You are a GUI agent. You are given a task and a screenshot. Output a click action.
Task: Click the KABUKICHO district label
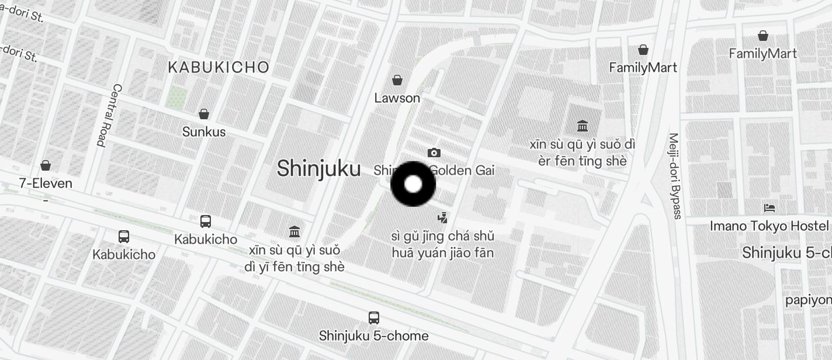(219, 67)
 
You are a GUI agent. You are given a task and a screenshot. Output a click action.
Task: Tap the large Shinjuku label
(318, 168)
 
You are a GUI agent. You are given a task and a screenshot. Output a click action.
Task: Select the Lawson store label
(397, 98)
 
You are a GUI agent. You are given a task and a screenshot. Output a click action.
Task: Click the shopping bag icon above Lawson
(397, 80)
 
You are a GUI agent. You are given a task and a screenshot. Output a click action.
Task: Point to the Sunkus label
(204, 132)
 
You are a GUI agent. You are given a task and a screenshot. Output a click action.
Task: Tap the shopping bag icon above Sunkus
(204, 114)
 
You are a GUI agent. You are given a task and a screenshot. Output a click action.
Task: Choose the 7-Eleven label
(46, 184)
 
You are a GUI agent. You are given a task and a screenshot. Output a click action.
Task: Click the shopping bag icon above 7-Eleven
(46, 166)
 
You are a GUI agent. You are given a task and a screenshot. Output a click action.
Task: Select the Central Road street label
(109, 115)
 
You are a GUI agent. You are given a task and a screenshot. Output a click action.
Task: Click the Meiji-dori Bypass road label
(675, 176)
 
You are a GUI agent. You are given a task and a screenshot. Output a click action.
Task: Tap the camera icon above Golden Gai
(434, 153)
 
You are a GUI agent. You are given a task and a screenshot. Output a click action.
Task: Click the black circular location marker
(413, 184)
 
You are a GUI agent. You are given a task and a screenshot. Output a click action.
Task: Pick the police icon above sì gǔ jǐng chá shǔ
(443, 218)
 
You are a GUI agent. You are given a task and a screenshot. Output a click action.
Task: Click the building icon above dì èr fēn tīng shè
(582, 126)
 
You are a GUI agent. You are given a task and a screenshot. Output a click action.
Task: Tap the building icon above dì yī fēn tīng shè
(294, 232)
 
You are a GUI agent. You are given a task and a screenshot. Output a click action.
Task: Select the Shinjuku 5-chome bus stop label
(374, 336)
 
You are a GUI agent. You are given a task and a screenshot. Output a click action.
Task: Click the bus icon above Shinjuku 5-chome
(374, 318)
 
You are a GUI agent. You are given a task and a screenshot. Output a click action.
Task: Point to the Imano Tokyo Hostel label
(769, 226)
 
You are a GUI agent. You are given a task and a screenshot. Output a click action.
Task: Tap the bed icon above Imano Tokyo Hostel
(769, 208)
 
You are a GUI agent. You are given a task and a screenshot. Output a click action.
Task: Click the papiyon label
(809, 300)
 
